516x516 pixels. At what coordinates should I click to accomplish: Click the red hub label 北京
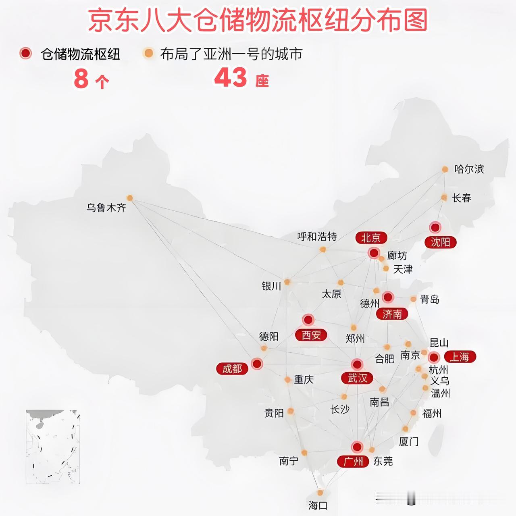pos(371,237)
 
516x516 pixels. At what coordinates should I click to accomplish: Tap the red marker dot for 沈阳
pos(435,227)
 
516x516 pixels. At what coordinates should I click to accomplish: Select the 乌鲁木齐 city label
pos(106,208)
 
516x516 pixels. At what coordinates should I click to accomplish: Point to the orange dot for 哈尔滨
pos(445,169)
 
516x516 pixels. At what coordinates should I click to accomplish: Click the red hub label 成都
pos(232,368)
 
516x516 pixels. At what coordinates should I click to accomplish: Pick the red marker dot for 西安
pos(308,320)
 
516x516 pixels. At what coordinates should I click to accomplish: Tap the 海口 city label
pos(318,506)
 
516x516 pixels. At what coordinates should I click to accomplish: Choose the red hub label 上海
pos(460,357)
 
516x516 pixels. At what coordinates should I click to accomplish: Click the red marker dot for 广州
pos(357,447)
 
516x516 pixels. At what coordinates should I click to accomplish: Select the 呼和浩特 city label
pos(317,237)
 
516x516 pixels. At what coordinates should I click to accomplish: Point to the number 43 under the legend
pos(231,77)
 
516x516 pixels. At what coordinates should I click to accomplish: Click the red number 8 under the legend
pos(81,78)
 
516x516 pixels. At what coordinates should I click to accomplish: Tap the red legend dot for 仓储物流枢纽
pos(25,53)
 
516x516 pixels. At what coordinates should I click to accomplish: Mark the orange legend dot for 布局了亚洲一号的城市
pos(149,53)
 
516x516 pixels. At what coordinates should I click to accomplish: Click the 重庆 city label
pos(304,379)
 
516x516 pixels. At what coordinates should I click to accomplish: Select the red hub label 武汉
pos(357,378)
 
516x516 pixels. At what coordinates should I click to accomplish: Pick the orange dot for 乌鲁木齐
pos(130,198)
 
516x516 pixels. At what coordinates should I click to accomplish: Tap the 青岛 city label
pos(430,300)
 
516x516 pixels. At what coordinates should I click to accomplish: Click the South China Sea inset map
pos(52,447)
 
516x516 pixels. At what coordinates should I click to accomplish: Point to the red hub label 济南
pos(392,314)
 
